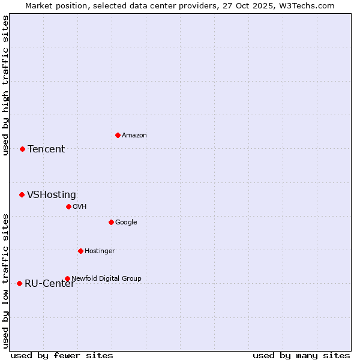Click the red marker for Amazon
point(118,135)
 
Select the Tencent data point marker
point(22,149)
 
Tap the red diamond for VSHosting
point(22,194)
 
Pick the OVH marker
point(68,206)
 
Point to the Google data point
point(111,222)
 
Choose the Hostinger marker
point(80,251)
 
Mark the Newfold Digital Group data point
point(67,278)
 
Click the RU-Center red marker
point(19,283)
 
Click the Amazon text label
point(134,135)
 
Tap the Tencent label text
point(46,149)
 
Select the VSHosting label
point(52,194)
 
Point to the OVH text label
point(80,206)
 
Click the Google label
point(126,222)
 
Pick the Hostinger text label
point(100,251)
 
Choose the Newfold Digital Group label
point(107,278)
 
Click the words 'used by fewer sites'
point(62,355)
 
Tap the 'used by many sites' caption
point(301,355)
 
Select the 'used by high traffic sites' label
point(5,85)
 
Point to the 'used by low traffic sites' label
point(5,281)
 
